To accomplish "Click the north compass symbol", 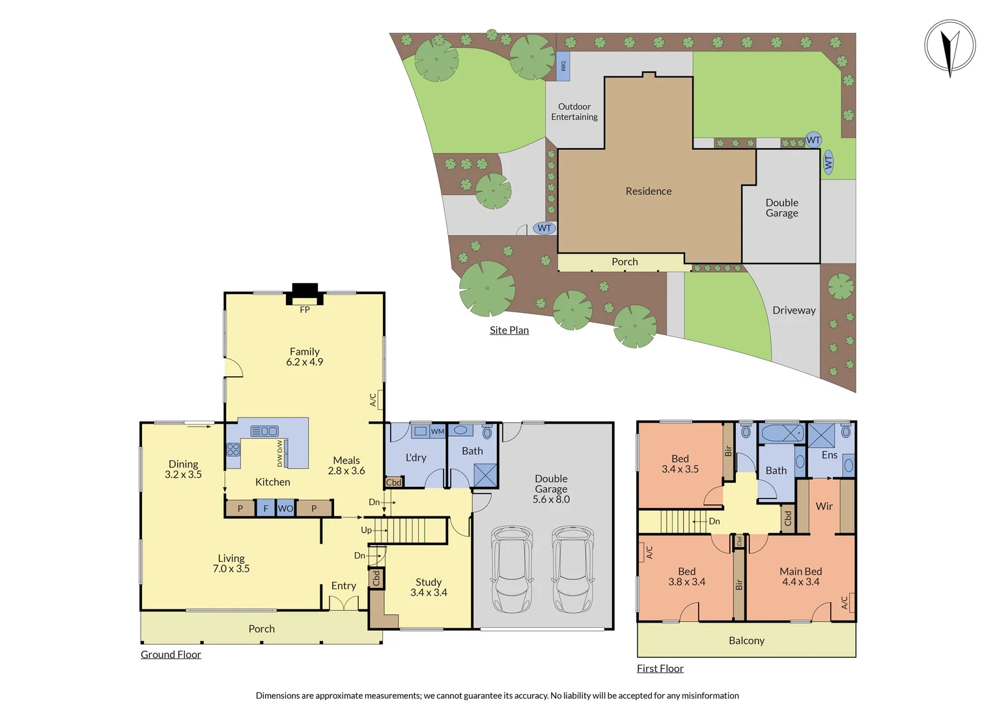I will (x=950, y=47).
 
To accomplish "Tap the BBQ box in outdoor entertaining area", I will (x=563, y=66).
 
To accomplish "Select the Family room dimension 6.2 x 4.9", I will (x=305, y=362).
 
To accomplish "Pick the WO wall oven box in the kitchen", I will (x=285, y=508).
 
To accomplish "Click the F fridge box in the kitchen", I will (x=266, y=508).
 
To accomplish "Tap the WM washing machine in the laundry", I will (x=438, y=432).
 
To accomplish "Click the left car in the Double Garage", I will (x=512, y=568).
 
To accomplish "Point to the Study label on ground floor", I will (x=428, y=582).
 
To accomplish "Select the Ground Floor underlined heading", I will (x=171, y=654).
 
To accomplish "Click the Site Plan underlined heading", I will (x=509, y=330).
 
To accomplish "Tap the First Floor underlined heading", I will (x=660, y=669).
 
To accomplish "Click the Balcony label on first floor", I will (x=746, y=641).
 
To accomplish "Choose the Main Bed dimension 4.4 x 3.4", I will (x=801, y=582).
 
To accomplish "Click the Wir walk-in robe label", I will (x=824, y=506).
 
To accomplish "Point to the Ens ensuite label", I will (x=830, y=455).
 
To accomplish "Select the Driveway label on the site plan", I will (x=794, y=311).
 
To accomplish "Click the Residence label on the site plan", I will (x=649, y=192).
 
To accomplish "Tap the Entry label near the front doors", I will (x=343, y=586).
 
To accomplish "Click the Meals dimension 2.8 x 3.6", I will (x=346, y=471).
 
